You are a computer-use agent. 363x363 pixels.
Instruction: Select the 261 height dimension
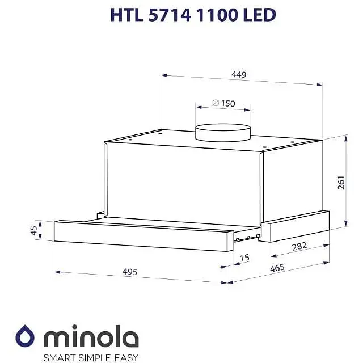[341, 182]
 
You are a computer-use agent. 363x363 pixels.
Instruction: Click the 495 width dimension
[130, 272]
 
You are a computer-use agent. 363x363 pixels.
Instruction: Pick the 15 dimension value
[244, 258]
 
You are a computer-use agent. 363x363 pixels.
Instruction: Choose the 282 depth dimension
[299, 246]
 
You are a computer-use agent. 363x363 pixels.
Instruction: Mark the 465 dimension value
[277, 268]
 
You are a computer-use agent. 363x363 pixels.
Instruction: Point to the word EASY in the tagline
[125, 357]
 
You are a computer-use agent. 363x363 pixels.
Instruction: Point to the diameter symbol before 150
[216, 104]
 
